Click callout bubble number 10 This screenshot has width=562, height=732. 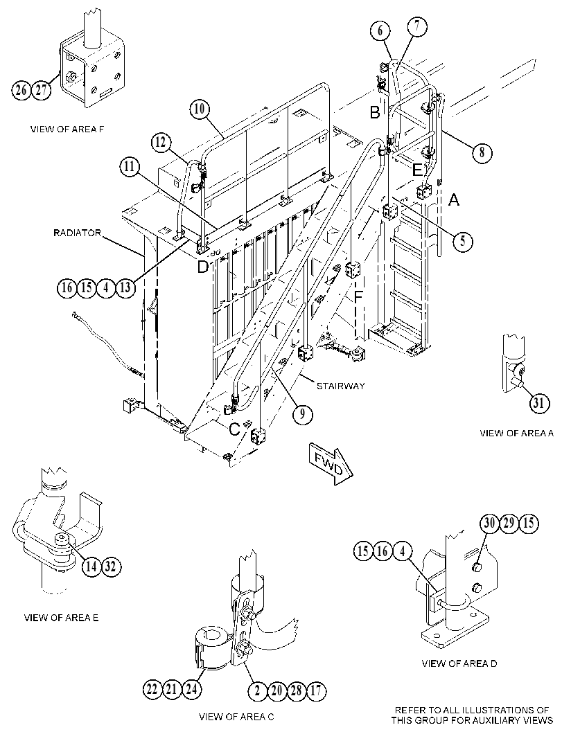point(200,109)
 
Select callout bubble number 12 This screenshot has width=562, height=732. point(161,143)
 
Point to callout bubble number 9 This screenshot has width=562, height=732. point(302,413)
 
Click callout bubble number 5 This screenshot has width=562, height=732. point(462,240)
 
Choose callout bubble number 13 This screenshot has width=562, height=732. point(125,287)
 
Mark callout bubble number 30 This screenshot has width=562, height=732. point(489,524)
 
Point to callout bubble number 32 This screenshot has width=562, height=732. point(111,566)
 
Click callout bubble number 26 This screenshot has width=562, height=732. point(21,89)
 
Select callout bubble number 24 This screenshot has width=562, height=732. point(191,690)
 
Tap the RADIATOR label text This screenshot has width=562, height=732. point(77,233)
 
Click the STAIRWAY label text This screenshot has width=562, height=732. point(340,386)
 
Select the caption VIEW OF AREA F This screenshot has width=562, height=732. point(67,130)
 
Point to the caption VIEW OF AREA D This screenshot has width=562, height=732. point(459,663)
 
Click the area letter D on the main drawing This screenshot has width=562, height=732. point(203,267)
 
